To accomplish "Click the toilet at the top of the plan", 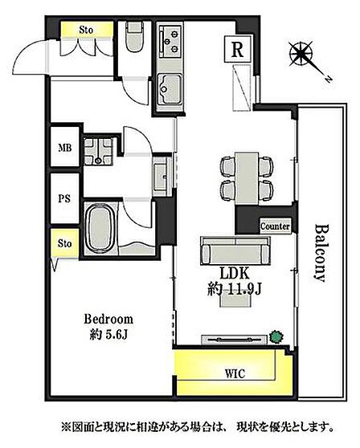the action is tap(134, 37).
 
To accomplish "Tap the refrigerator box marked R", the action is tap(237, 49).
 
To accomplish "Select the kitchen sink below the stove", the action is tap(170, 89).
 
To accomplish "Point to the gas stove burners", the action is tap(170, 41).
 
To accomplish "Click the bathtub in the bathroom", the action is tap(100, 229).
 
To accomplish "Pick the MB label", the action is tap(65, 148).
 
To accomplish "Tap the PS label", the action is tap(64, 198).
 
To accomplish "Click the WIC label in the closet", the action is tap(235, 373).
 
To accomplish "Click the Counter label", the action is tap(275, 226).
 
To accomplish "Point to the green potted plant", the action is tap(276, 337).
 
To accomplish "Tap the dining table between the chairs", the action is tap(247, 178).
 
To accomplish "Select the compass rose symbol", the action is tap(301, 54).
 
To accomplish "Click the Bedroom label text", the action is tap(108, 320).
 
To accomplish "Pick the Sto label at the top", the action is tap(86, 30).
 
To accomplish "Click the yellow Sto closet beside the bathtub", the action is tap(64, 243).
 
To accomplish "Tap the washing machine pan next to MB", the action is tap(98, 152).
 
